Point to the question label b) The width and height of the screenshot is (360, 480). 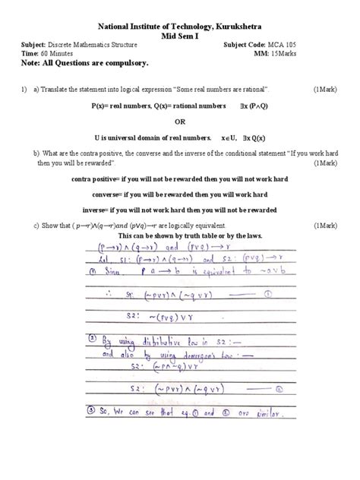click(36, 153)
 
